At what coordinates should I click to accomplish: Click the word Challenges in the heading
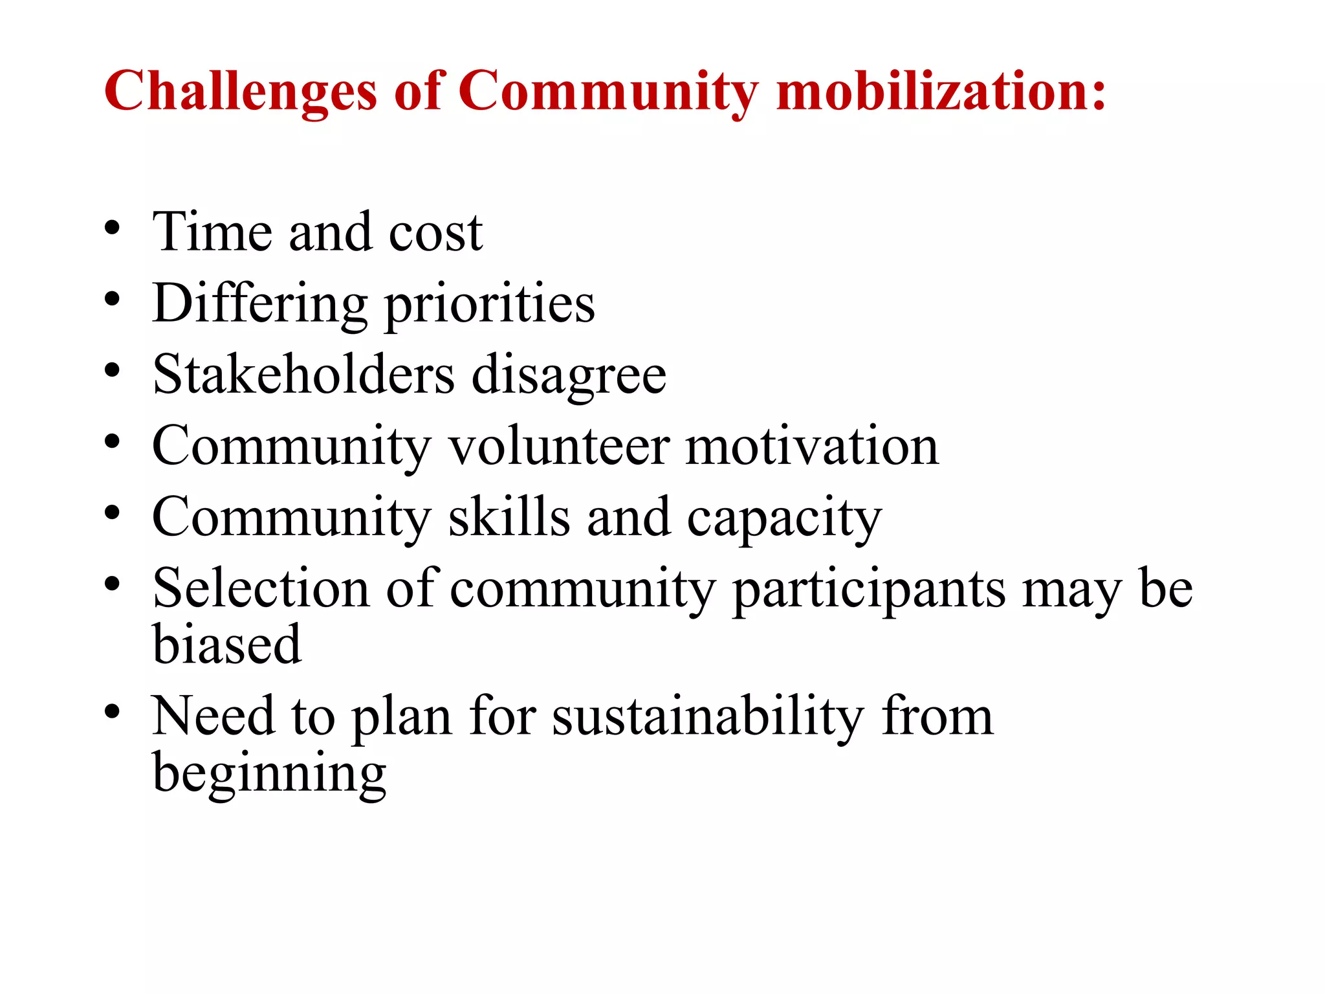tap(240, 91)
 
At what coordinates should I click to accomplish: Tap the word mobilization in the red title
tap(941, 91)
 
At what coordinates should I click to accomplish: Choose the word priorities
tap(490, 304)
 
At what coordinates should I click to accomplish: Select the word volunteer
tap(560, 446)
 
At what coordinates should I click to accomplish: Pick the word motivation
tap(812, 446)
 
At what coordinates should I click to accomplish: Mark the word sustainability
tap(708, 717)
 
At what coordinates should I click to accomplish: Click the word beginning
tap(269, 774)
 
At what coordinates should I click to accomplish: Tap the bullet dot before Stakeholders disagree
tap(112, 371)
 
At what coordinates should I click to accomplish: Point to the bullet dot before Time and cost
tap(112, 228)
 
